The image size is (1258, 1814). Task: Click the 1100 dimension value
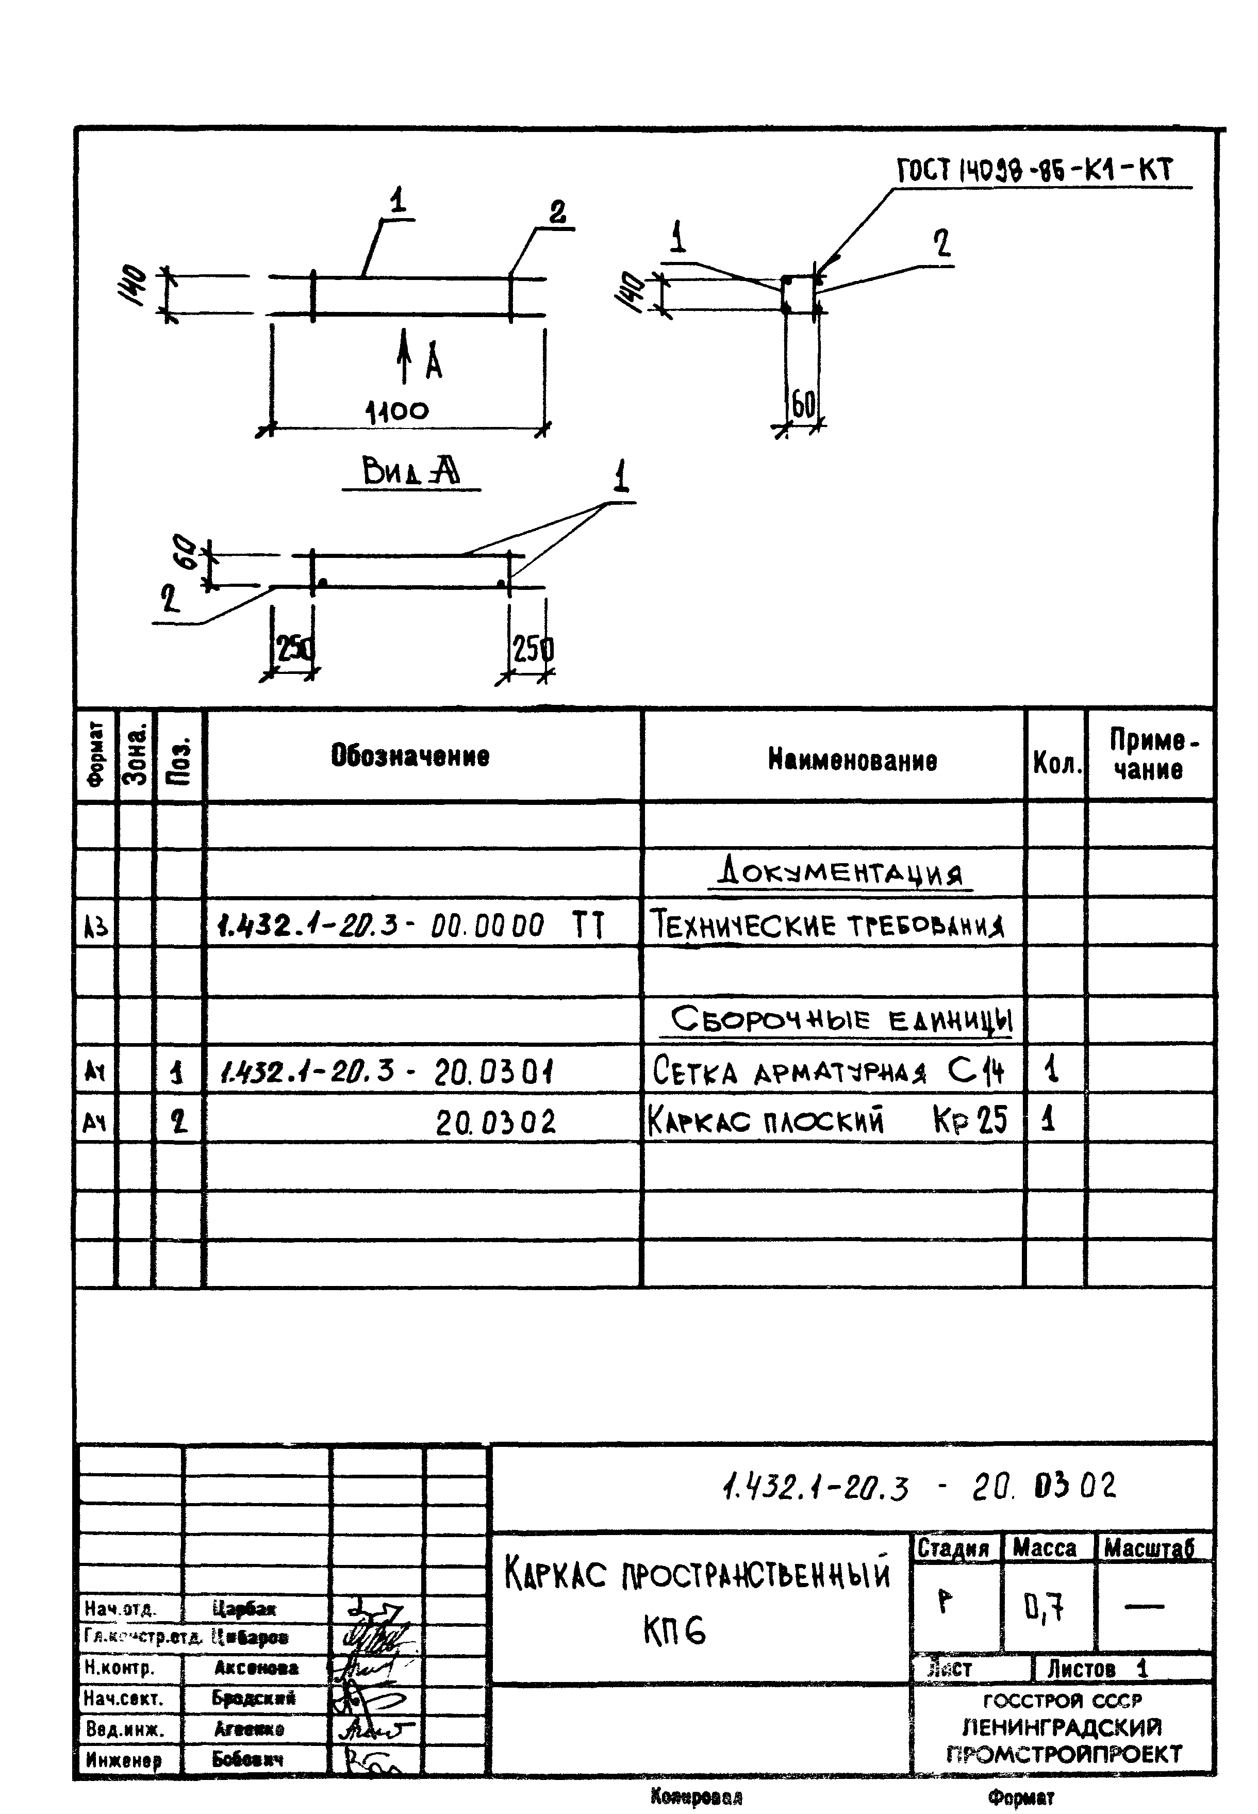click(x=398, y=411)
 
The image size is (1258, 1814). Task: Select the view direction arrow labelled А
click(x=404, y=356)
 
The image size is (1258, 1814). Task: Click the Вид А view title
click(x=411, y=472)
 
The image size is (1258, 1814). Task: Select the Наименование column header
click(x=852, y=760)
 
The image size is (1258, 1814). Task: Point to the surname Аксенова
click(x=256, y=1668)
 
